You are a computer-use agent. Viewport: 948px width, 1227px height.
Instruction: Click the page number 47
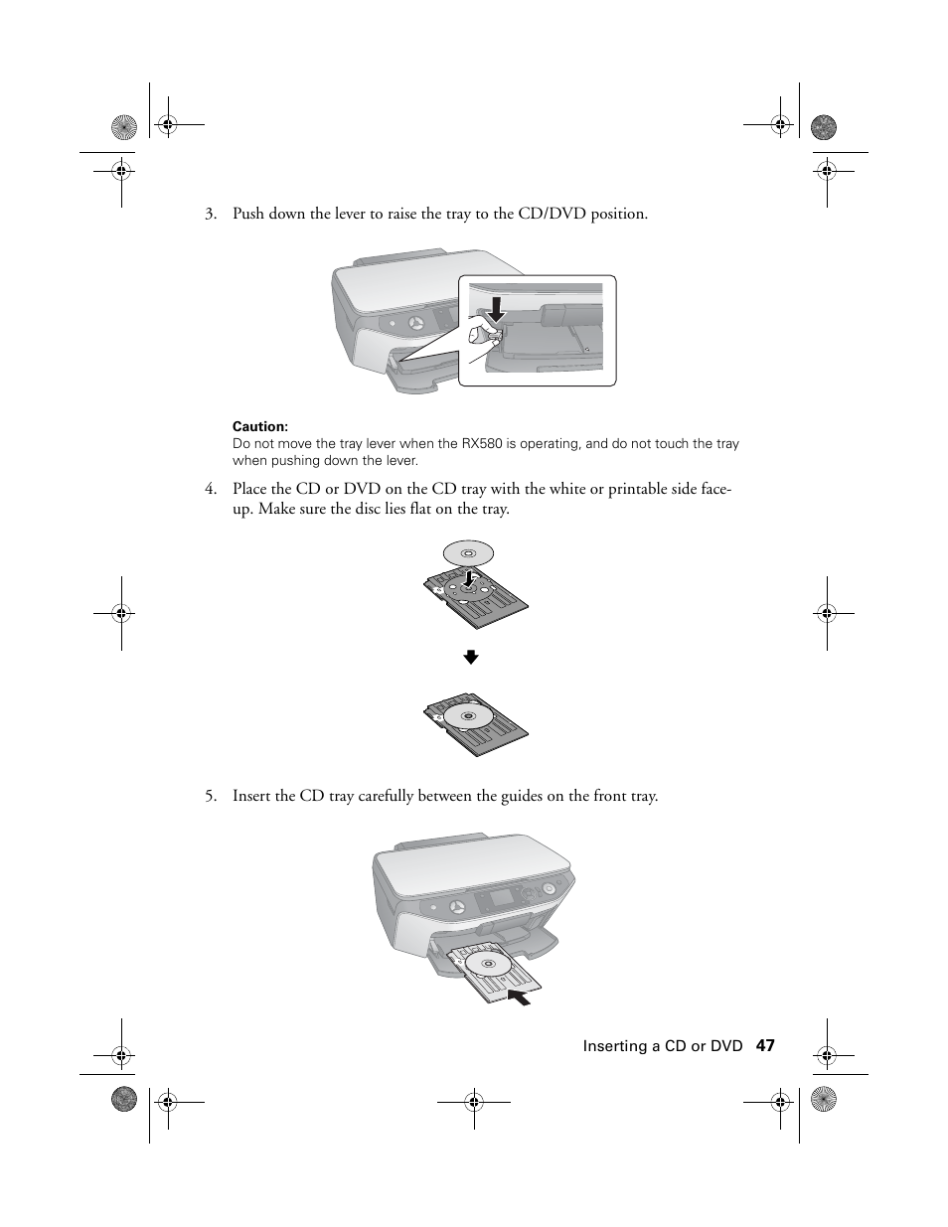click(764, 1045)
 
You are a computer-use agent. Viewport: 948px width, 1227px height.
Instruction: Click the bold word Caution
click(259, 427)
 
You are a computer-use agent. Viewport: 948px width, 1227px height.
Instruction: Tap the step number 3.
click(210, 214)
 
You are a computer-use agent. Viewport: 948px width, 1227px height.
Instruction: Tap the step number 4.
click(210, 489)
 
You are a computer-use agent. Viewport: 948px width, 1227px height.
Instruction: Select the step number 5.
click(210, 796)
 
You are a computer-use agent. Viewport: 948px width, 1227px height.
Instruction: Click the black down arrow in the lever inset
click(496, 309)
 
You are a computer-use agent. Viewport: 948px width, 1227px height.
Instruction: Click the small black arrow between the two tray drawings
click(472, 657)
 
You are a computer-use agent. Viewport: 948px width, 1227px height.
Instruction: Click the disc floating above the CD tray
click(468, 553)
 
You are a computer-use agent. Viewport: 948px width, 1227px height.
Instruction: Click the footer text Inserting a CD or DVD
click(662, 1046)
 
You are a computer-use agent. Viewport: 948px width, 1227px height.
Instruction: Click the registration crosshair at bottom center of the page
click(474, 1100)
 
